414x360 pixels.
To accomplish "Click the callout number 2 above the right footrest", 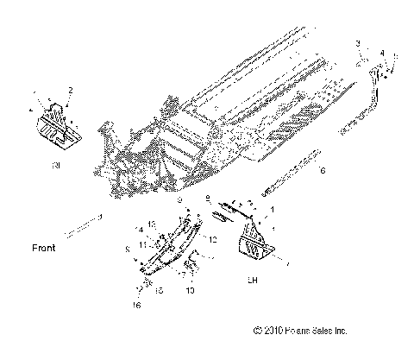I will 71,90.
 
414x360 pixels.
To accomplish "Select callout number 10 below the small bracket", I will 190,291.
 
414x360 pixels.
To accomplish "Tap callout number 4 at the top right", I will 382,54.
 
